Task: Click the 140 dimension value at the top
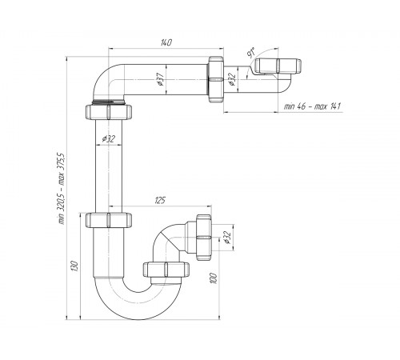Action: coord(166,42)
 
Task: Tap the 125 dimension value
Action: coord(160,200)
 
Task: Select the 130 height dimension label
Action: coord(75,266)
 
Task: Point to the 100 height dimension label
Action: coord(214,278)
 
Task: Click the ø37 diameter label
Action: coord(161,79)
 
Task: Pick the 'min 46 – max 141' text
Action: coord(312,106)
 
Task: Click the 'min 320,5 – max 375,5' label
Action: coord(61,189)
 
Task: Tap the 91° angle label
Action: coord(251,52)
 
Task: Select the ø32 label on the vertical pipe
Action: coord(109,138)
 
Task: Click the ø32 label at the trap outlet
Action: coord(226,238)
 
